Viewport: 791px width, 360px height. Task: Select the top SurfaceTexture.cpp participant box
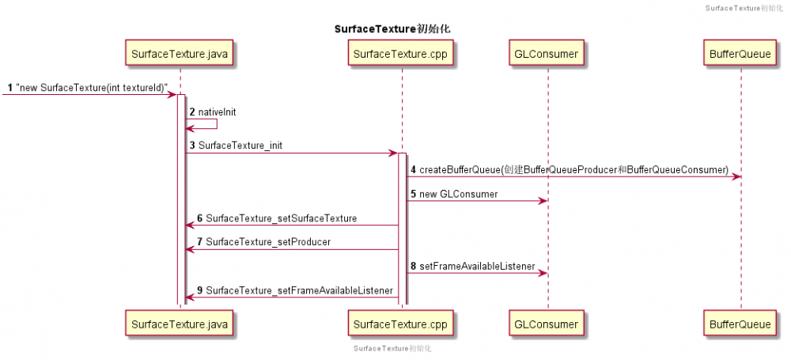[x=401, y=54]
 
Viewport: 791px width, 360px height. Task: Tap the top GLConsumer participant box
[x=547, y=54]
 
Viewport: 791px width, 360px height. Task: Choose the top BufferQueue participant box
[x=740, y=54]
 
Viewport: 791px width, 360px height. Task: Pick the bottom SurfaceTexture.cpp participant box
[x=401, y=324]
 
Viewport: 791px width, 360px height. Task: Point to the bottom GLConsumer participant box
[x=547, y=324]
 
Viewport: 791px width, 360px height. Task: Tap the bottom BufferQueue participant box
[x=740, y=324]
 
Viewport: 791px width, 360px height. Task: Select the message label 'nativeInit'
[x=217, y=112]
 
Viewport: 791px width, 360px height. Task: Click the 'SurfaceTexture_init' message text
[x=240, y=146]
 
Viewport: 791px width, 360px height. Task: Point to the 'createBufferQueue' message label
[x=573, y=169]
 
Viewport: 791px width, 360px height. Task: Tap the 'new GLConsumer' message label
[x=458, y=194]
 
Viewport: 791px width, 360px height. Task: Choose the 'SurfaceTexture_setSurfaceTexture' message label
[x=281, y=218]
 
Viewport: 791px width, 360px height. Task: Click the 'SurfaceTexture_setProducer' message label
[x=268, y=242]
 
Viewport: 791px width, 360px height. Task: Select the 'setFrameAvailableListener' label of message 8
[x=477, y=266]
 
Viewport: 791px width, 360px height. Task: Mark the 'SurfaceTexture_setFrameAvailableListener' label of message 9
[x=299, y=290]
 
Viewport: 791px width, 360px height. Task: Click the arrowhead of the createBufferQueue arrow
[x=736, y=176]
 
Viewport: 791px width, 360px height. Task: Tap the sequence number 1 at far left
[x=9, y=87]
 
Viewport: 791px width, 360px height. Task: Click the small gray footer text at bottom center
[x=392, y=348]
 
